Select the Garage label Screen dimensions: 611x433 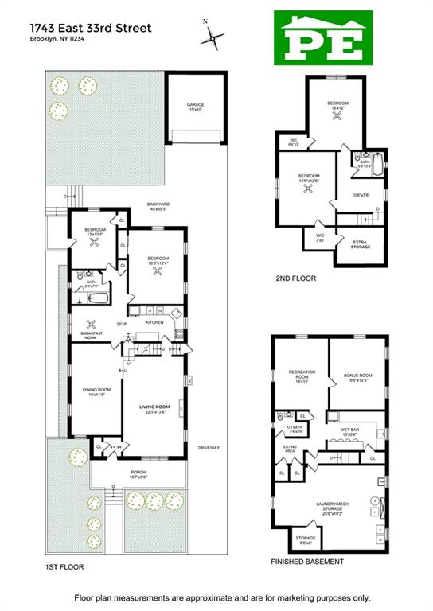pyautogui.click(x=196, y=107)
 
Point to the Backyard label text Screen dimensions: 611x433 pyautogui.click(x=158, y=204)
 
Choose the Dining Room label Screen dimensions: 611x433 pyautogui.click(x=96, y=389)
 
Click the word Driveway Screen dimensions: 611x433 pyautogui.click(x=208, y=448)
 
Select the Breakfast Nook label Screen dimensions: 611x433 pyautogui.click(x=93, y=336)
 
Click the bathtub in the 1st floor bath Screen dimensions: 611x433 pyautogui.click(x=97, y=298)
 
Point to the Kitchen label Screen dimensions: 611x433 pyautogui.click(x=154, y=322)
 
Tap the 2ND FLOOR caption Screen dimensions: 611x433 pyautogui.click(x=294, y=278)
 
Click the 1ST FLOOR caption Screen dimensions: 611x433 pyautogui.click(x=64, y=566)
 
